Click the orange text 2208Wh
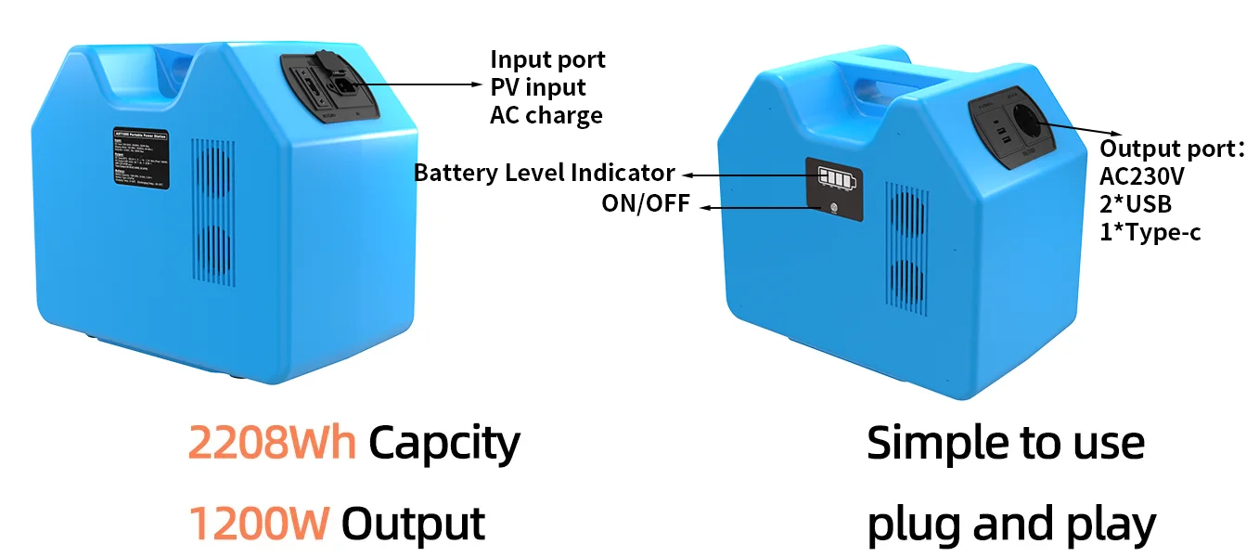point(271,443)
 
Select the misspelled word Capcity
point(443,444)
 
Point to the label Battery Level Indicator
point(544,173)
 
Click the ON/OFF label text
point(646,203)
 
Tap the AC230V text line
point(1142,176)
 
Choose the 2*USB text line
point(1136,204)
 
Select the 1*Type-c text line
point(1150,232)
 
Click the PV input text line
point(538,87)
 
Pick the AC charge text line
point(546,115)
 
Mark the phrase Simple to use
point(1006,443)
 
